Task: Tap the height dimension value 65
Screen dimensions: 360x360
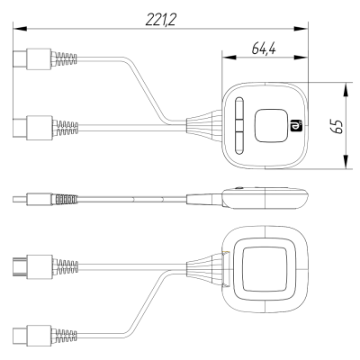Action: tap(336, 126)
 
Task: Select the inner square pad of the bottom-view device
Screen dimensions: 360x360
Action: tap(267, 268)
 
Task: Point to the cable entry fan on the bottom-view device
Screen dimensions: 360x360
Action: tap(203, 268)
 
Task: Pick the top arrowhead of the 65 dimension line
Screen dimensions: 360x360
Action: tap(346, 89)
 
